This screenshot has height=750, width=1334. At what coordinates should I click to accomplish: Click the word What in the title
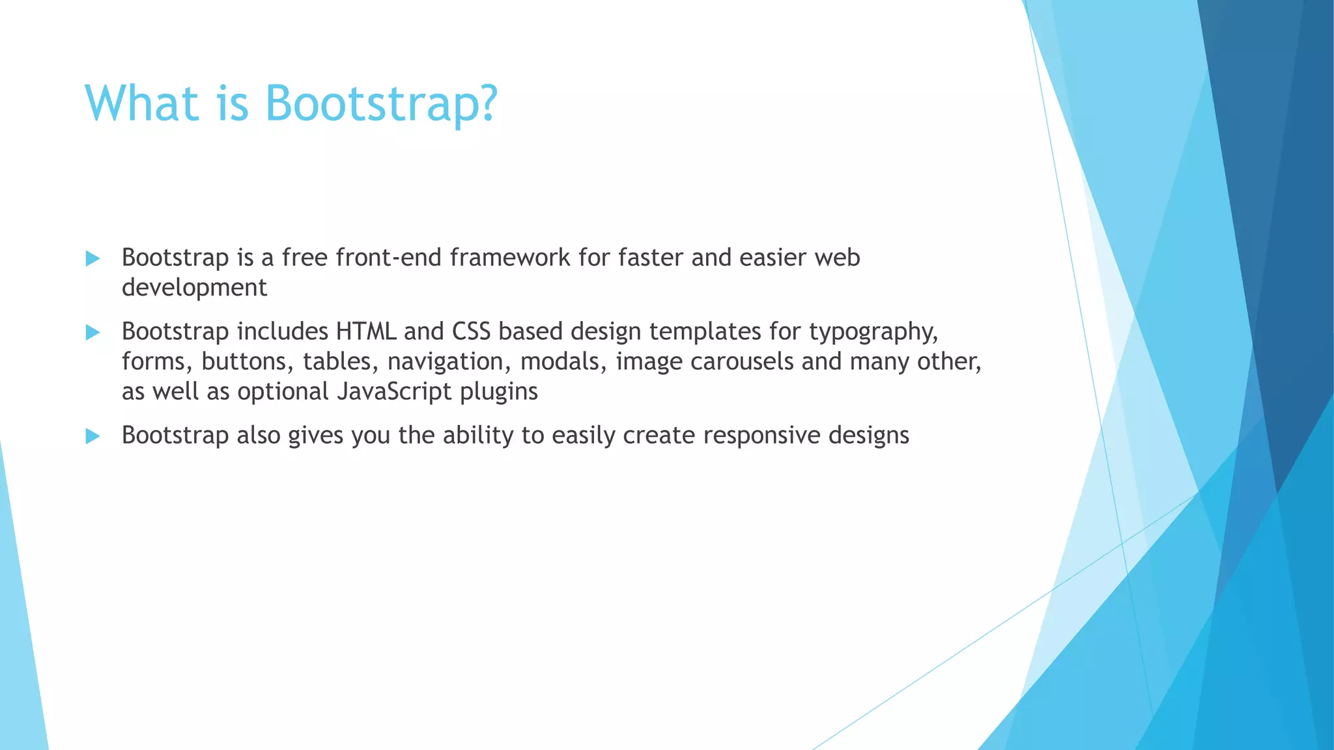pyautogui.click(x=141, y=103)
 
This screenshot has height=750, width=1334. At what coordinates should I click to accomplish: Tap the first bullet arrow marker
pyautogui.click(x=92, y=258)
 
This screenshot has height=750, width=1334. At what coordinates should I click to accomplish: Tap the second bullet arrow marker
pyautogui.click(x=92, y=333)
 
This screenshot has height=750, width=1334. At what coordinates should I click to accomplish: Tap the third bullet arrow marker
pyautogui.click(x=92, y=436)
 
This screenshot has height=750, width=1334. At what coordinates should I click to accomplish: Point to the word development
pyautogui.click(x=194, y=288)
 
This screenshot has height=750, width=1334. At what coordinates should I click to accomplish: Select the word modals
pyautogui.click(x=563, y=361)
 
